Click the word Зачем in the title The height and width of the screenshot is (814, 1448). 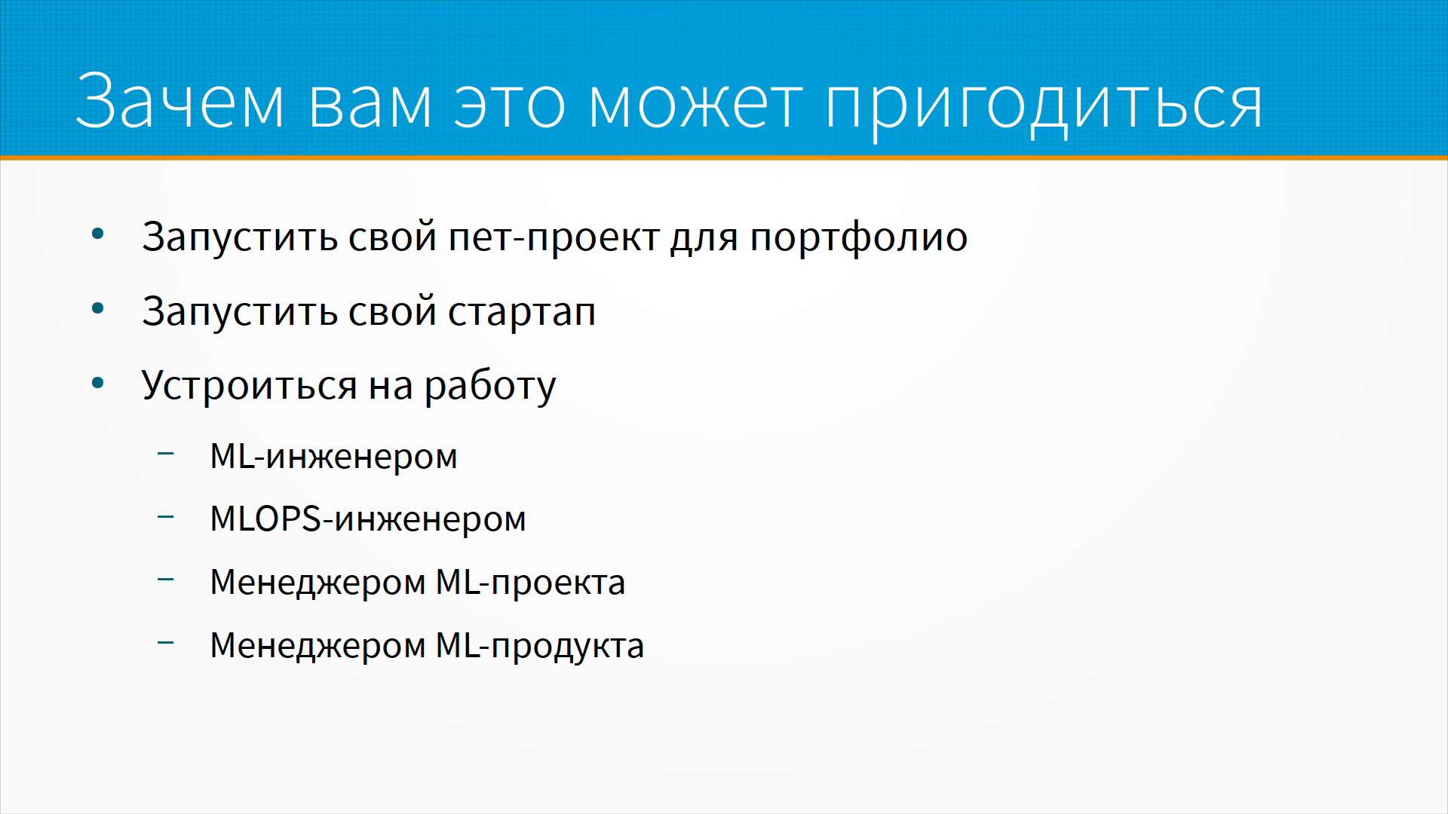(x=179, y=101)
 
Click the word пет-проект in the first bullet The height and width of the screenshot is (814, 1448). (x=554, y=238)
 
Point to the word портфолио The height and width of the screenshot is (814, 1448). (x=858, y=237)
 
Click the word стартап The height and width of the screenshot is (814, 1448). (x=522, y=313)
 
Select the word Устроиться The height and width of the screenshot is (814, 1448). (x=249, y=386)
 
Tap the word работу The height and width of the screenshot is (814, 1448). (x=490, y=386)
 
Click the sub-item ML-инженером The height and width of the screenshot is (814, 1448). (x=333, y=456)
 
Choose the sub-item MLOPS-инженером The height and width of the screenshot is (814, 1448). (x=368, y=519)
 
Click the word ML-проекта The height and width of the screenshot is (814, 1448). (x=531, y=583)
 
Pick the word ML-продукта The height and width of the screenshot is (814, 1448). (x=540, y=646)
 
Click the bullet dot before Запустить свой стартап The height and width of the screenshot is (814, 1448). (x=97, y=308)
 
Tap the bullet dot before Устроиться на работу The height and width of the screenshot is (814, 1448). (x=97, y=383)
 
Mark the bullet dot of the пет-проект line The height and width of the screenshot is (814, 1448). (x=97, y=234)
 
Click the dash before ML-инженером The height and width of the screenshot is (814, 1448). (x=166, y=454)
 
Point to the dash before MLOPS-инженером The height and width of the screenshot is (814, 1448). (x=166, y=516)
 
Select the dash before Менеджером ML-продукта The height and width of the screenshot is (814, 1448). (x=166, y=643)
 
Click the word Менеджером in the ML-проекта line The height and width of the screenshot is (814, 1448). (x=318, y=583)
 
